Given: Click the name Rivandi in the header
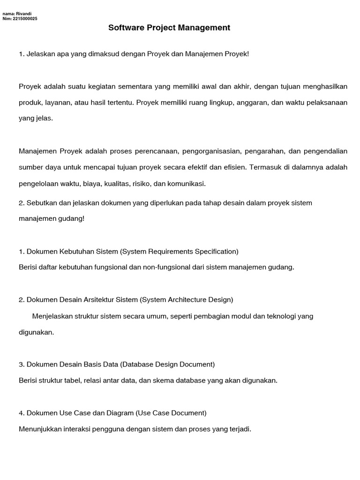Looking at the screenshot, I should (x=23, y=14).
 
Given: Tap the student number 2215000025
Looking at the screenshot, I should (x=25, y=19).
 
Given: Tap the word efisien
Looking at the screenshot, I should (x=236, y=167).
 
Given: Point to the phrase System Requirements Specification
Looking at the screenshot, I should (x=180, y=251).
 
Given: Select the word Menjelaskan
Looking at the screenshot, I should (x=53, y=316).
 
